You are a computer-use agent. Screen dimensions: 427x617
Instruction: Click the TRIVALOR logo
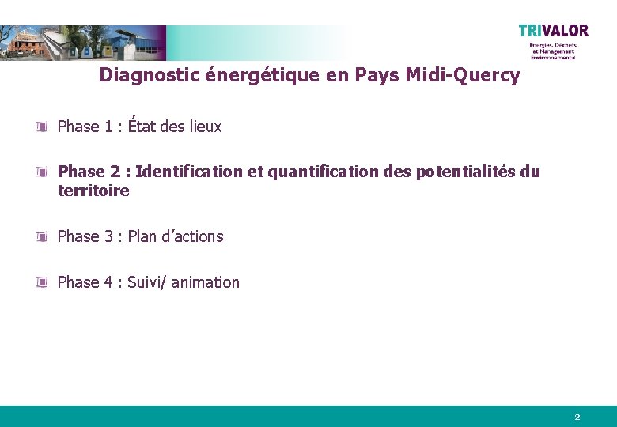pos(554,32)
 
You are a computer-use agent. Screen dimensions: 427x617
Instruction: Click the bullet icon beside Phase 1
pos(43,127)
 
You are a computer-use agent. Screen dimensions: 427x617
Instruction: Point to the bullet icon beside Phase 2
pos(43,172)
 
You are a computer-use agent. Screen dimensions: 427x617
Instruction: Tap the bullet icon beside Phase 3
pos(43,236)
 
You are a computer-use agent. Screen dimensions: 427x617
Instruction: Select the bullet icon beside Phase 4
pos(43,282)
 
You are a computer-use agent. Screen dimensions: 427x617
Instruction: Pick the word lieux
pos(205,127)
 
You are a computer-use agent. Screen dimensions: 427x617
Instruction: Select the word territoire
pos(93,191)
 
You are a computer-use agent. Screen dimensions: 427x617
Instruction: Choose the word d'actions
pos(193,236)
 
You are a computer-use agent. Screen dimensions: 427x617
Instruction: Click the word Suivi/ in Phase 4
pos(146,282)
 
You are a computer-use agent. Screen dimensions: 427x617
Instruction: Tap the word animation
pos(205,282)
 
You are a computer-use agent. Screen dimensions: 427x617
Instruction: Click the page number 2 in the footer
pos(577,417)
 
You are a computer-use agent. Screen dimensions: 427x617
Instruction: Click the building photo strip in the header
pos(83,43)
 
